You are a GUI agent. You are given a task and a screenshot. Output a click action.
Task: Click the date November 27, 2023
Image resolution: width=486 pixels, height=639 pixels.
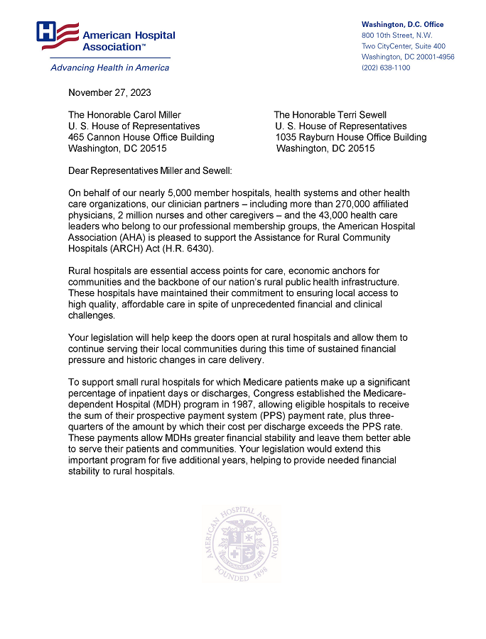tap(109, 92)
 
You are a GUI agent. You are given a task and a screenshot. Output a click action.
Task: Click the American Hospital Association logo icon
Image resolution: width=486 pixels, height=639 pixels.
tap(58, 35)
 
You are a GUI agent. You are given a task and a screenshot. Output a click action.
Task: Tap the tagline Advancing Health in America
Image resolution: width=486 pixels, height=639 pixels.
tap(109, 68)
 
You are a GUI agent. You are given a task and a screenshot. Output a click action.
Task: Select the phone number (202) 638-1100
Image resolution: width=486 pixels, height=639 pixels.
tap(386, 68)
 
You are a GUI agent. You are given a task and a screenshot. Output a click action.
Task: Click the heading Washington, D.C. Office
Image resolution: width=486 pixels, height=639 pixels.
tap(402, 25)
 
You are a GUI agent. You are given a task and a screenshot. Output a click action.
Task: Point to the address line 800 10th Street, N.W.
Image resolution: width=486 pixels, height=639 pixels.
tap(396, 35)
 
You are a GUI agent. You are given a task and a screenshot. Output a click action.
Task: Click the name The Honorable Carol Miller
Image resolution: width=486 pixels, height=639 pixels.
tap(124, 115)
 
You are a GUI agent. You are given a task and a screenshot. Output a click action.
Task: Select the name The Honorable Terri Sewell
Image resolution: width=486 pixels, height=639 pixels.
tap(330, 115)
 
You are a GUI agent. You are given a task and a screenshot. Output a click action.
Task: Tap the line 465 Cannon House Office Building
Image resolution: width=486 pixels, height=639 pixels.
tap(141, 138)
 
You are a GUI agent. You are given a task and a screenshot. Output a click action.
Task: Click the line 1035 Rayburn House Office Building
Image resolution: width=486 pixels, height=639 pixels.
tap(351, 138)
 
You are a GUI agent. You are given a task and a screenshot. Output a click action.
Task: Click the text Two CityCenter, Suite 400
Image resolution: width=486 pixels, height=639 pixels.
tap(403, 46)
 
